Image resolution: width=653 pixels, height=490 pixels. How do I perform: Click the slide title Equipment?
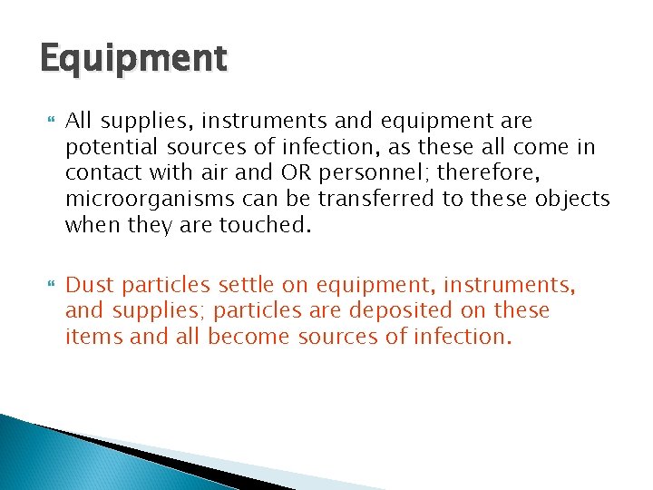click(x=132, y=60)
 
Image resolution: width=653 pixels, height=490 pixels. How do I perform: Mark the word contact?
click(x=102, y=171)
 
